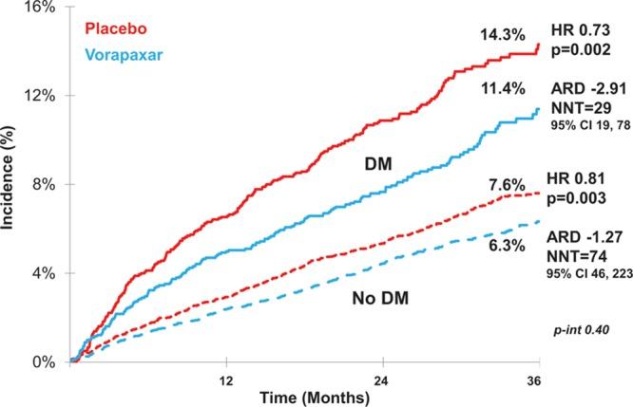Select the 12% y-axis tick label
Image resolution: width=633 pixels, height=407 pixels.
tap(37, 96)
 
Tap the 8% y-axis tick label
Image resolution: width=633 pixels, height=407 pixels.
tap(41, 184)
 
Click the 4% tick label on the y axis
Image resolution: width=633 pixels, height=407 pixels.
tap(41, 273)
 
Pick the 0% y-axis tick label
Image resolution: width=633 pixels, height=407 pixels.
tap(41, 361)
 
